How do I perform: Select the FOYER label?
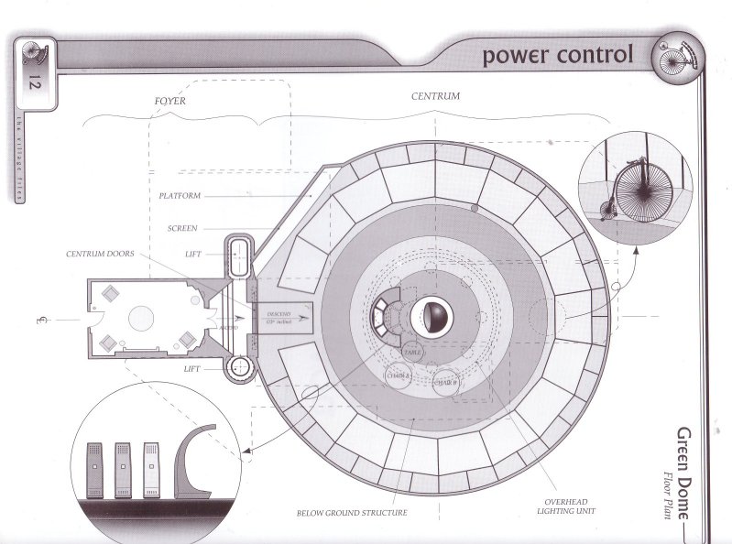[169, 101]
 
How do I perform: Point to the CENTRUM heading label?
[434, 95]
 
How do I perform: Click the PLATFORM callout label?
[180, 195]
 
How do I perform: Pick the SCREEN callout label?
[186, 228]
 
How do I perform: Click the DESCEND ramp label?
[278, 315]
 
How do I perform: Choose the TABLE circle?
[412, 351]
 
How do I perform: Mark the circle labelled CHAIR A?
[399, 375]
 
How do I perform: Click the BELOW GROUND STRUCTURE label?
[354, 513]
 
